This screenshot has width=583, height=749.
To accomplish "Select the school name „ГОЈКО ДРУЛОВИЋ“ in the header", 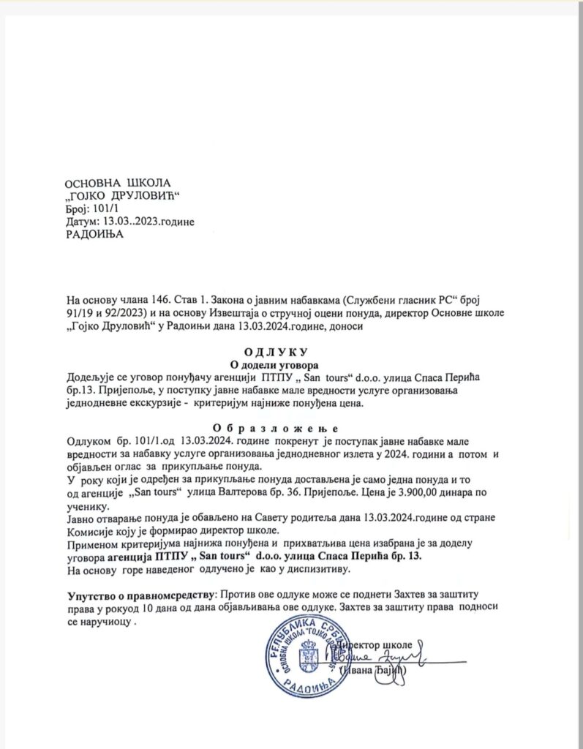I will tap(122, 195).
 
